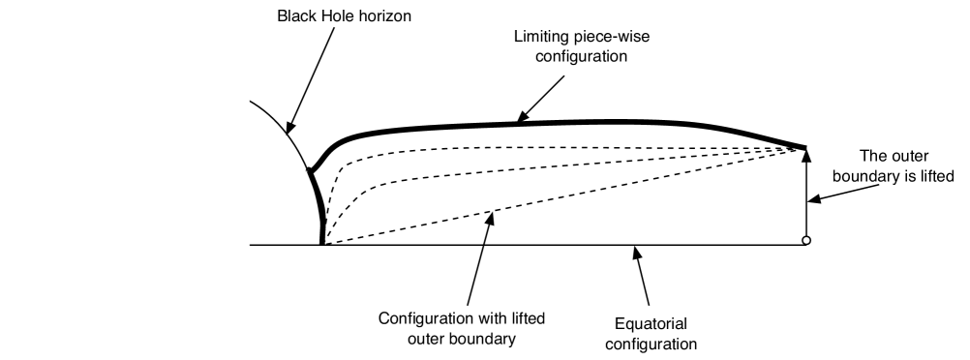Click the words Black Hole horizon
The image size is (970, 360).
332,16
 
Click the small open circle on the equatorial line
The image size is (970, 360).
805,240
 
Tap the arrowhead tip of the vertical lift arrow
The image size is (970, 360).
805,151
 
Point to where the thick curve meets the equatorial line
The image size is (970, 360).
322,244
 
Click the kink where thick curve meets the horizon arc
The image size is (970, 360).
311,171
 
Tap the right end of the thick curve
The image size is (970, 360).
804,147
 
